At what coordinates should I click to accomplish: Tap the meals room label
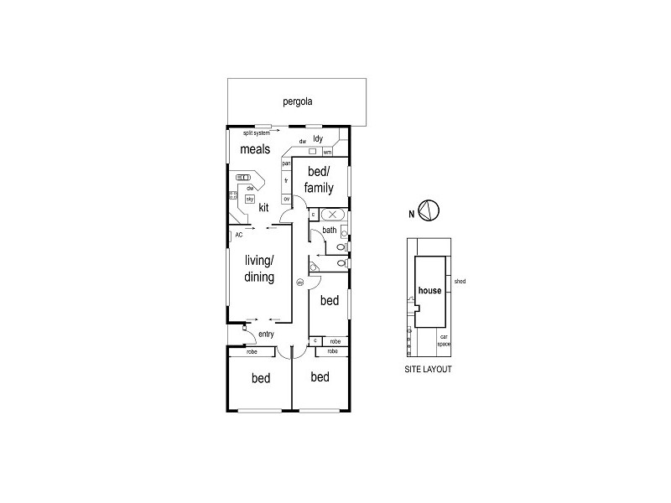point(255,150)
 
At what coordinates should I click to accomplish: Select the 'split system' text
point(256,132)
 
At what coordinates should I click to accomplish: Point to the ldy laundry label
point(318,138)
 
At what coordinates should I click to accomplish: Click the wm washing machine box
point(327,152)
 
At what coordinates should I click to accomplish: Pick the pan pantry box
point(286,163)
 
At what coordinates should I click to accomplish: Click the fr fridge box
point(286,180)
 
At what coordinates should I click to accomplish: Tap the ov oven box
point(286,199)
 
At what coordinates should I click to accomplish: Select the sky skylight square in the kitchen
point(250,199)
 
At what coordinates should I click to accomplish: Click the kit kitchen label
point(263,207)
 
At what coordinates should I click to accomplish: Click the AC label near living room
point(239,235)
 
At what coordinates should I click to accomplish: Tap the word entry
point(267,334)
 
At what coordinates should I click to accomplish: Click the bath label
point(329,230)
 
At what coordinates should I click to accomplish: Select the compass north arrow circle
point(429,212)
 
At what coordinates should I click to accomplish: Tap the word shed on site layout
point(459,282)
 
